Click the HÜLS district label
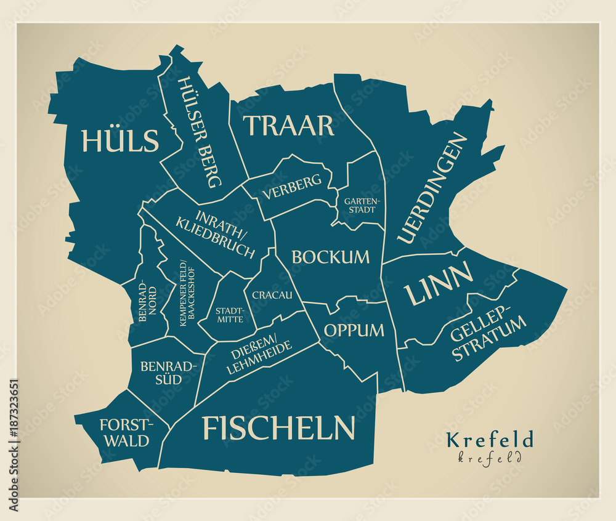click(120, 141)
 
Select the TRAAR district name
click(289, 126)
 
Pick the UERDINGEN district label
click(432, 188)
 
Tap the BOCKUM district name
click(331, 257)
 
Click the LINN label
click(439, 283)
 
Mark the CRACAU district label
click(272, 295)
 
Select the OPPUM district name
click(354, 330)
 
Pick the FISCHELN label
click(279, 427)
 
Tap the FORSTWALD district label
click(125, 432)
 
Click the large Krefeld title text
click(489, 440)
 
